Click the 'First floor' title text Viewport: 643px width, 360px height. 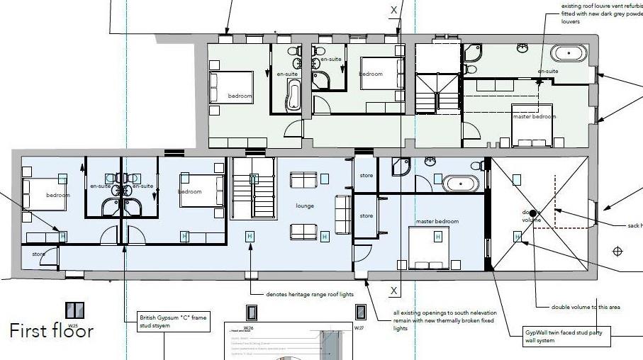point(51,330)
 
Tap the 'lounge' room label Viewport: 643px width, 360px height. point(305,206)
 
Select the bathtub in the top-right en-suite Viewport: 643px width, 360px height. point(569,53)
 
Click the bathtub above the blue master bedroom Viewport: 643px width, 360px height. point(462,184)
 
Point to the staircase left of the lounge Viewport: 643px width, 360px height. point(252,188)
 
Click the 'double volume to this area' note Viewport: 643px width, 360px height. point(586,307)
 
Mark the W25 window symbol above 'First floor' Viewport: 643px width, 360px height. point(74,310)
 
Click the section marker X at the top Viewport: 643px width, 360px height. point(394,10)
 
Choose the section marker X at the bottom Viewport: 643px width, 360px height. point(394,291)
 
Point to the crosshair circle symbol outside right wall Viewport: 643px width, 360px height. point(617,251)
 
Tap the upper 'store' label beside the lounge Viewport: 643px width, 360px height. point(366,175)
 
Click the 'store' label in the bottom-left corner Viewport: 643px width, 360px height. point(38,253)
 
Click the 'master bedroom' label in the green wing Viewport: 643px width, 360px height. point(534,116)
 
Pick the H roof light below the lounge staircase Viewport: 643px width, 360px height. point(249,236)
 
